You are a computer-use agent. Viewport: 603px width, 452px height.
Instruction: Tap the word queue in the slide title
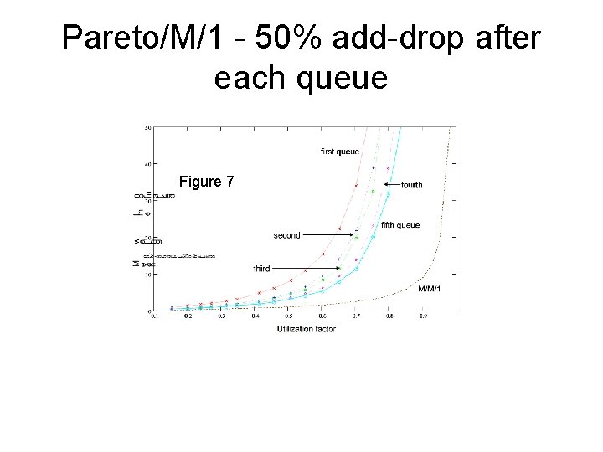(346, 78)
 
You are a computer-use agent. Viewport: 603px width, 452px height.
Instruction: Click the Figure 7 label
(207, 182)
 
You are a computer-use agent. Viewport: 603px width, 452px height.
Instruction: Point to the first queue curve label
(340, 152)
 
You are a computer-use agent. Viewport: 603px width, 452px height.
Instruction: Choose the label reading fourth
(412, 184)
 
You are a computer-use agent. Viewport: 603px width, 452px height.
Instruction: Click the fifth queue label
(399, 224)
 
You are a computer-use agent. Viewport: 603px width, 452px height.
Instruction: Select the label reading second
(286, 235)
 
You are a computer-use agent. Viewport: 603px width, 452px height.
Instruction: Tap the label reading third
(261, 269)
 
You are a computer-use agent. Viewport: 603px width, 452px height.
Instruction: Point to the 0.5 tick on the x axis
(288, 316)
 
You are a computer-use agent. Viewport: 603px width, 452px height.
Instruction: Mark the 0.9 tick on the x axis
(423, 316)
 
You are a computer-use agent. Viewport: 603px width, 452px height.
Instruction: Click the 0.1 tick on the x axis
(153, 316)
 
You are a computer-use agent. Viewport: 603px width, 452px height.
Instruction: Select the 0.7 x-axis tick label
(356, 316)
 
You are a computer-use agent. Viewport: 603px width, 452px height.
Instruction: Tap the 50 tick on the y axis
(147, 128)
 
